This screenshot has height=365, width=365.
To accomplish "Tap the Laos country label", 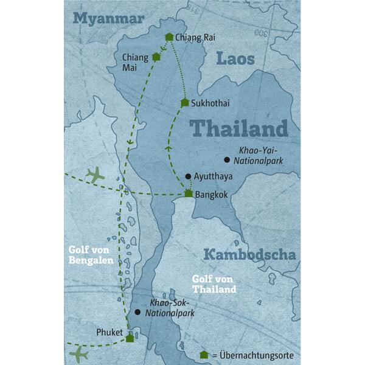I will (x=234, y=59).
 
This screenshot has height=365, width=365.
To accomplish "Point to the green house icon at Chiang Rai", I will (x=169, y=37).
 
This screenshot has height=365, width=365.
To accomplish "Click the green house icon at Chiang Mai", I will (x=156, y=57).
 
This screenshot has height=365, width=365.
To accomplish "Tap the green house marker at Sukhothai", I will (x=184, y=103).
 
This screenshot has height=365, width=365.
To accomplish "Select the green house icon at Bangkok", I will (x=189, y=194).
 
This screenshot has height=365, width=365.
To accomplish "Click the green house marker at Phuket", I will (x=130, y=338).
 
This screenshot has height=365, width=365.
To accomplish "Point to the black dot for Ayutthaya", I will (x=189, y=176).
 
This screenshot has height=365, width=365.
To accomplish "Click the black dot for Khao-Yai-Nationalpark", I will (x=226, y=160).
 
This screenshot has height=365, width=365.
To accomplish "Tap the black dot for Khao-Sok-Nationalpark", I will (x=137, y=312).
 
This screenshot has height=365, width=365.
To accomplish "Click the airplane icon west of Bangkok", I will (x=95, y=175).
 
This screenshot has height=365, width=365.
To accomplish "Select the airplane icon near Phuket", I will (x=78, y=353).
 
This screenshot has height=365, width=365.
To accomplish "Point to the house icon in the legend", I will (x=204, y=355).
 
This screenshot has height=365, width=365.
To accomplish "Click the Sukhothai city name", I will (x=210, y=103).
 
